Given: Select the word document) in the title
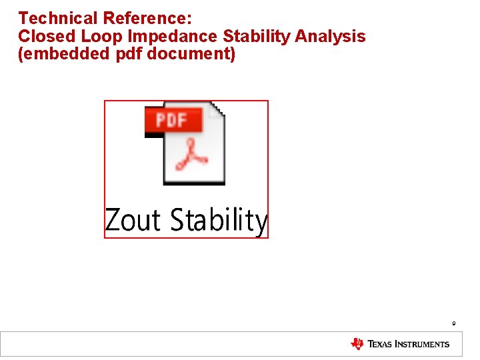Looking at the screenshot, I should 191,54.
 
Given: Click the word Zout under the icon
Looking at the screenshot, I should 133,220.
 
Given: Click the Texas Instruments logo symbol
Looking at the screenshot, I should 357,344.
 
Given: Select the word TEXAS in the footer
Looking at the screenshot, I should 383,345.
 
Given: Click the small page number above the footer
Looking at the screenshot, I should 453,324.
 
